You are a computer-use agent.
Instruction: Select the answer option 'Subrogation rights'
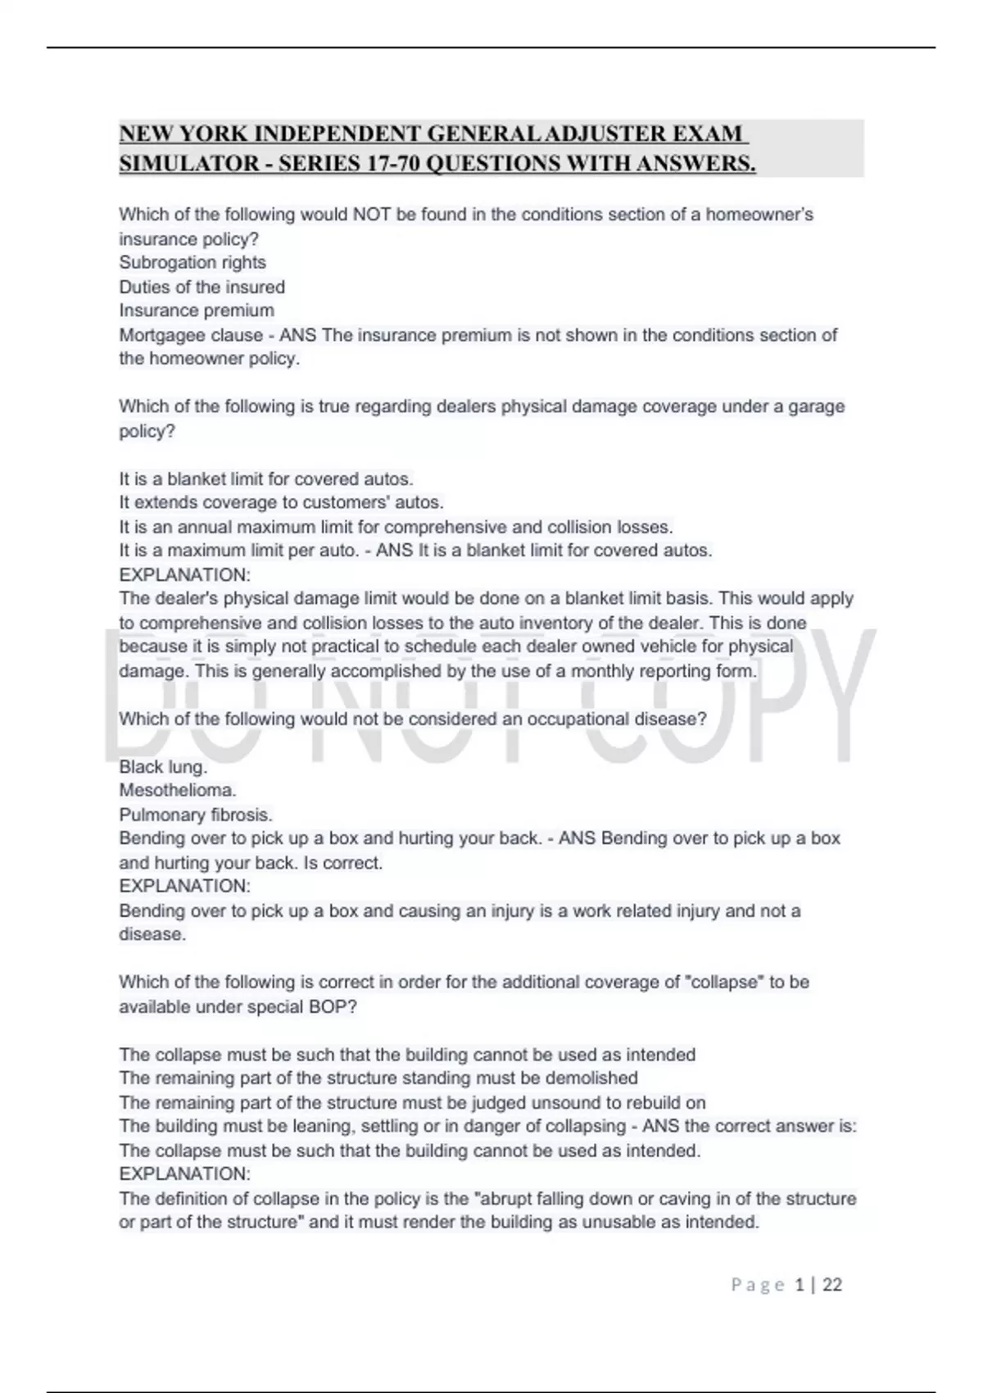(193, 262)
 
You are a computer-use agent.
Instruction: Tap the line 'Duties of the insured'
(202, 287)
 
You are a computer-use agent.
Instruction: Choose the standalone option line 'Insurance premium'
(197, 311)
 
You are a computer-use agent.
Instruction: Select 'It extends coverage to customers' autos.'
(281, 502)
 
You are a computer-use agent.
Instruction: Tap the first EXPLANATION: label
(184, 574)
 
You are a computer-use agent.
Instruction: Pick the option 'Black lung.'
(163, 767)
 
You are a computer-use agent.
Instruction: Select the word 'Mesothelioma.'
(178, 791)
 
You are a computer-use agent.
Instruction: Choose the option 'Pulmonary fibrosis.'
(196, 814)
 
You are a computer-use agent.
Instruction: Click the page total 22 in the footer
(832, 1285)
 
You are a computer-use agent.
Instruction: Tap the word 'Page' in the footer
(758, 1285)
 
